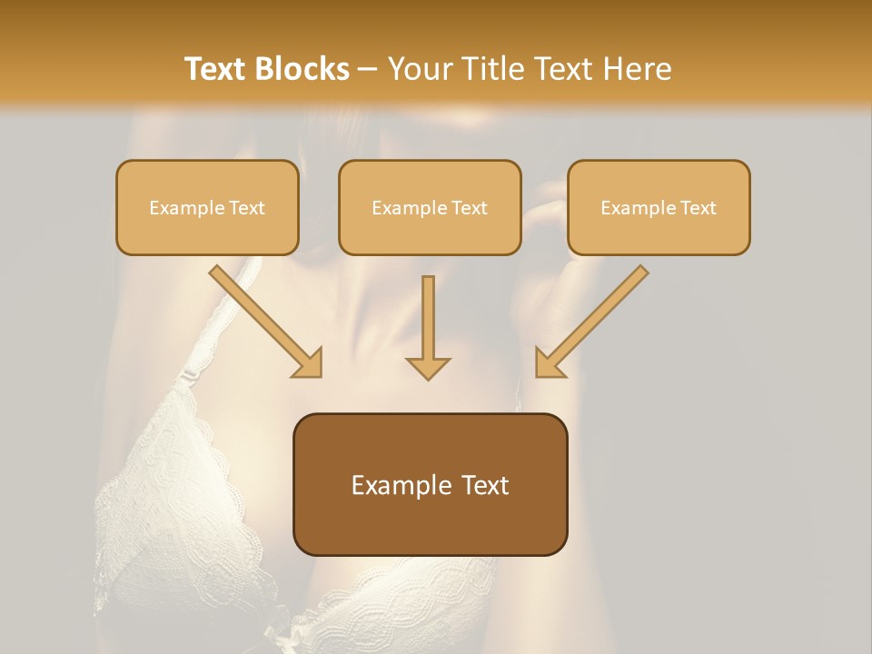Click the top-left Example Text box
pyautogui.click(x=207, y=207)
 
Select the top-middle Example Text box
pyautogui.click(x=430, y=207)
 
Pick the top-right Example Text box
pyautogui.click(x=659, y=207)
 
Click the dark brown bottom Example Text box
pyautogui.click(x=430, y=484)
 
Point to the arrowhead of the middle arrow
pyautogui.click(x=428, y=367)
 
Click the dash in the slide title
pyautogui.click(x=368, y=69)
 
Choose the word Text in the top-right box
pyautogui.click(x=698, y=208)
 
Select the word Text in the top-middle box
pyautogui.click(x=469, y=208)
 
